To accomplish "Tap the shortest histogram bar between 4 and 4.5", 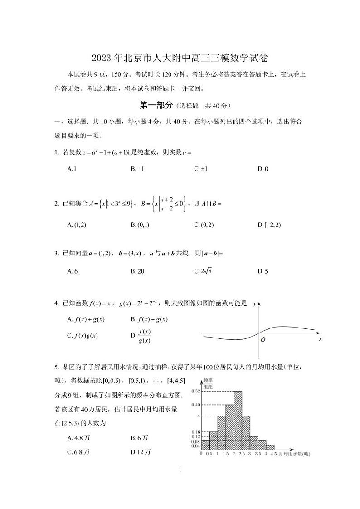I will (x=270, y=447).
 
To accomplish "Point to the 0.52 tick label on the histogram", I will (x=195, y=391).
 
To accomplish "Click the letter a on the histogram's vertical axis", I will (x=198, y=416).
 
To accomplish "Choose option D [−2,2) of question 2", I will (x=269, y=225).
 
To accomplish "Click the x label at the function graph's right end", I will (x=320, y=339).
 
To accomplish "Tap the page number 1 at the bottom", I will (x=180, y=470).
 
